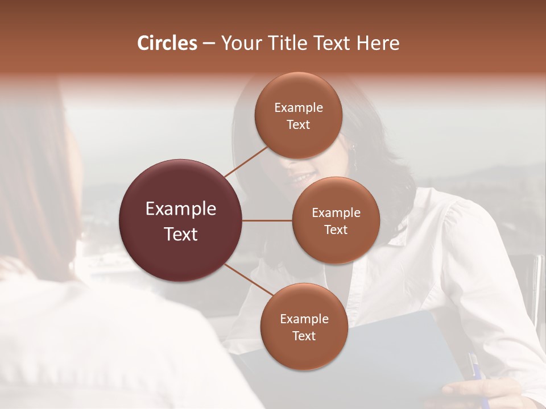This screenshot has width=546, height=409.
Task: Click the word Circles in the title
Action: [167, 43]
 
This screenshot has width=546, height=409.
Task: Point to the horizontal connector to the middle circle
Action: [267, 220]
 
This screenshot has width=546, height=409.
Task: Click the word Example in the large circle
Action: [180, 209]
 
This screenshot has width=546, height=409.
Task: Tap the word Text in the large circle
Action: [180, 234]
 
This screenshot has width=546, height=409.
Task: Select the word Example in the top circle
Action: [298, 108]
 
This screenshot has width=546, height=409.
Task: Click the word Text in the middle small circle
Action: [336, 229]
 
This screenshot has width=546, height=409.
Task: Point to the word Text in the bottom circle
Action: [304, 336]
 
